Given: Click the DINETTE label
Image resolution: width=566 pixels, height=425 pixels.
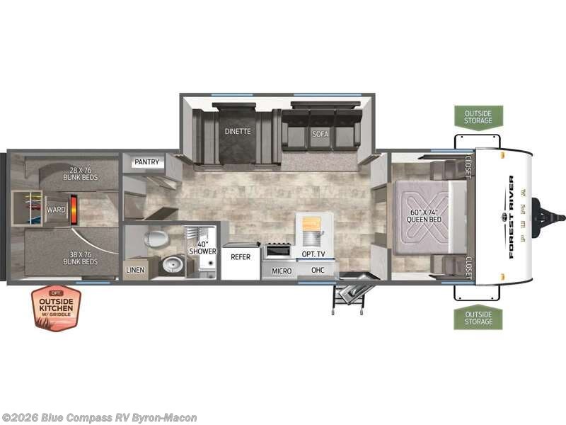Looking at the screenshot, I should tap(238, 131).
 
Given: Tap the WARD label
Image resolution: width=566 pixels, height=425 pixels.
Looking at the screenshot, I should tap(56, 210).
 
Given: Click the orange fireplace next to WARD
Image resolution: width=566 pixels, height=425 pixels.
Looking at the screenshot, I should tap(74, 210).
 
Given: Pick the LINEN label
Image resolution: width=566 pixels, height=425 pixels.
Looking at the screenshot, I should tap(135, 270).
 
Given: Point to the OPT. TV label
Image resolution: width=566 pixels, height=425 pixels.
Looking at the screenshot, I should tap(313, 253).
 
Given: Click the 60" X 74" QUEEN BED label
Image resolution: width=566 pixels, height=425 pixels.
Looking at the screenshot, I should tap(424, 214).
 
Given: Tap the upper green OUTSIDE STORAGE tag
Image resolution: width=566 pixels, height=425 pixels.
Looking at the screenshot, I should tap(478, 117).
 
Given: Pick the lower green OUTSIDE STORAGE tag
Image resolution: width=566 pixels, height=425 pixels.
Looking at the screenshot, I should tap(478, 317).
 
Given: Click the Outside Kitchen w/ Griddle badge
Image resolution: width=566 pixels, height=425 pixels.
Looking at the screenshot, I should tap(56, 308).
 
